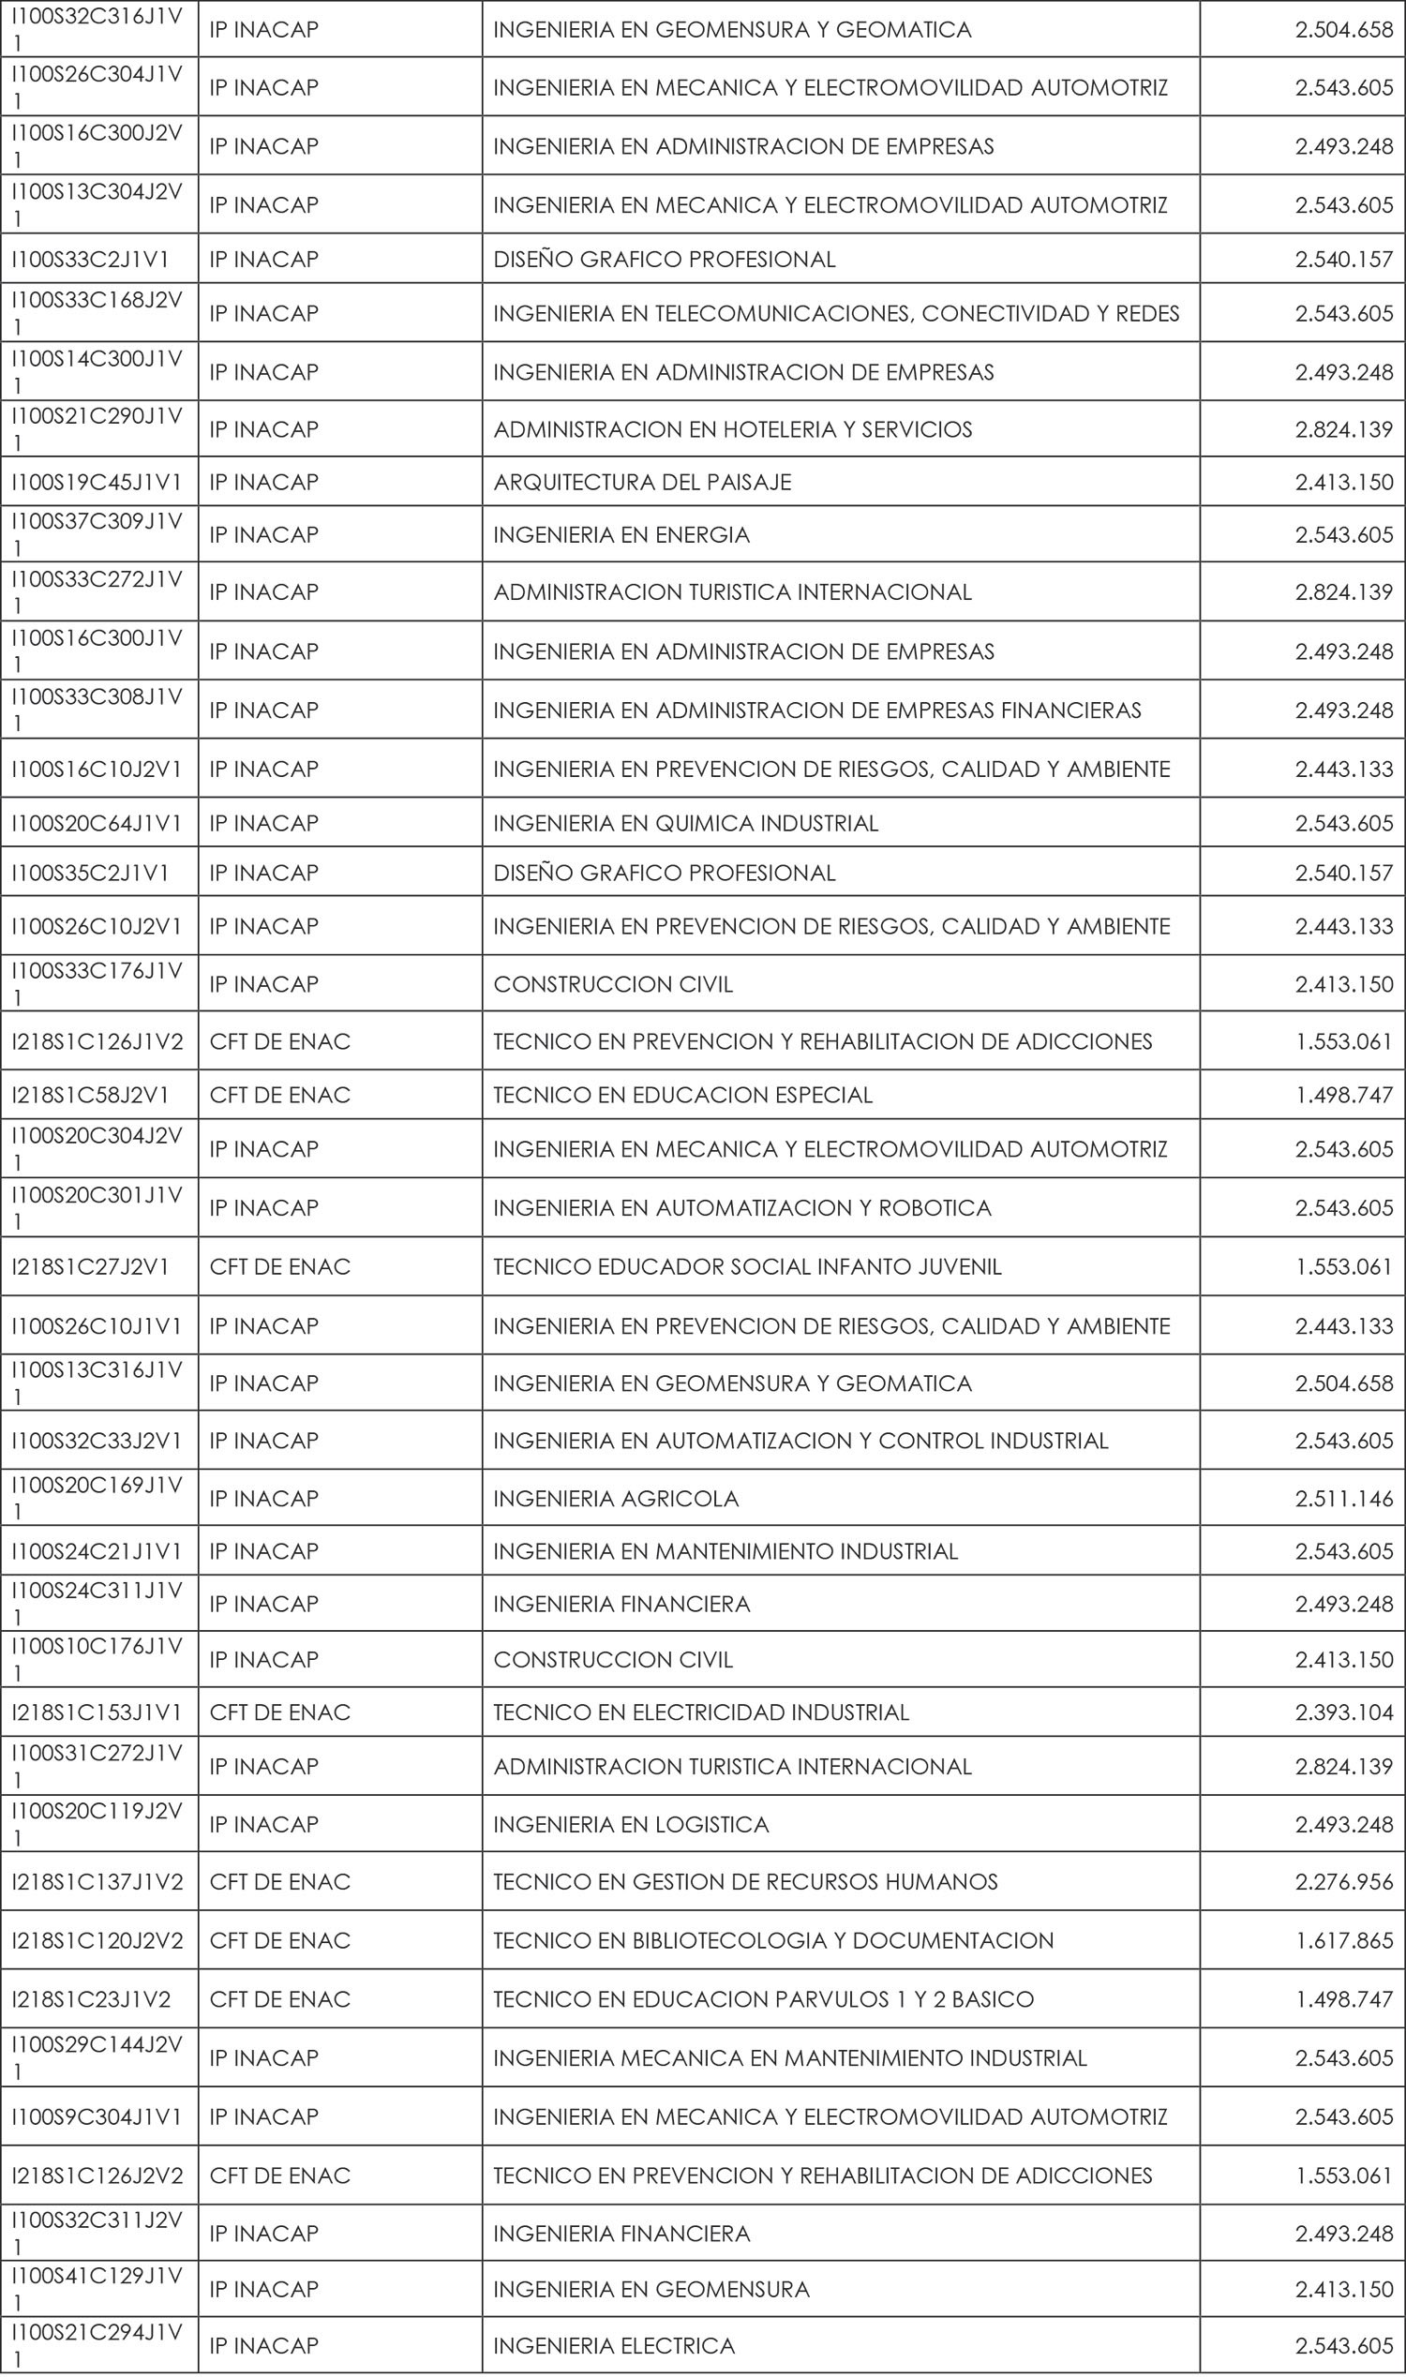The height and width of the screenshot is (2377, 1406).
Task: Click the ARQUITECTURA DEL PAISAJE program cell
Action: (641, 482)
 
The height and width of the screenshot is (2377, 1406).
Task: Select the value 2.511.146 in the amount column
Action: (1343, 1498)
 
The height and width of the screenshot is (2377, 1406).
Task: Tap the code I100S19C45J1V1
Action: (96, 482)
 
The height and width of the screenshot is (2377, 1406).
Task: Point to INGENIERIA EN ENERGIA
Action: (621, 535)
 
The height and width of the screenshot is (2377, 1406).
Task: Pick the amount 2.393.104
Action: (1343, 1712)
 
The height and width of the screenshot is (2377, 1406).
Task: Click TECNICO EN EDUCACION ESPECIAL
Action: (682, 1095)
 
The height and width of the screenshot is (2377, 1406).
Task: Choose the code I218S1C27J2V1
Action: (90, 1266)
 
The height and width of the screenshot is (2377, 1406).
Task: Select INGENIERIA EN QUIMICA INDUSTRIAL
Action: (685, 823)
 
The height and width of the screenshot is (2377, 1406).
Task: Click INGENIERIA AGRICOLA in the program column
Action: (616, 1498)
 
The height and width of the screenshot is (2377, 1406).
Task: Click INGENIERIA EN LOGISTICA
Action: (631, 1825)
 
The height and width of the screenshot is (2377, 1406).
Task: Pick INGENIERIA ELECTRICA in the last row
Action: (614, 2346)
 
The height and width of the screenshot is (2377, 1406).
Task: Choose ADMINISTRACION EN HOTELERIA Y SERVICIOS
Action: (732, 429)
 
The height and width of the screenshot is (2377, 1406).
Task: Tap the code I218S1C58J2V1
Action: (90, 1095)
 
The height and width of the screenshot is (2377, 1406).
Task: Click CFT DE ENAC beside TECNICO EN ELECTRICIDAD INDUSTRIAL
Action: (279, 1712)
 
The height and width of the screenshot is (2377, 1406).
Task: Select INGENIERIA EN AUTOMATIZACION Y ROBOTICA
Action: (741, 1208)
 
